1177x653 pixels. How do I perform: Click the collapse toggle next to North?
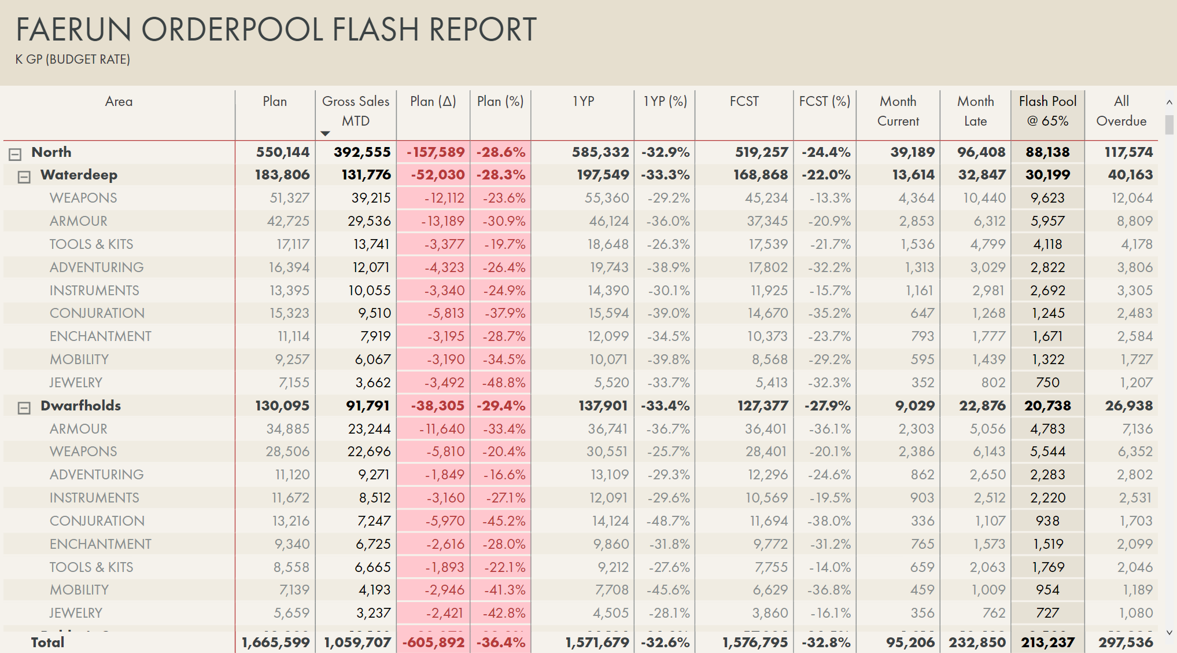coord(15,154)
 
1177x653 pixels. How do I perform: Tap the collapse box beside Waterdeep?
coord(24,177)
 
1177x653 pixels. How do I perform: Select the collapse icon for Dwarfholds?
coord(24,408)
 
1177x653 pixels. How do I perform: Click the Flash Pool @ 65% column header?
coord(1047,111)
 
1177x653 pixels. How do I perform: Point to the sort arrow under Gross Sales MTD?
coord(325,134)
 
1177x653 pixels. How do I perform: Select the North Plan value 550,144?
coord(283,152)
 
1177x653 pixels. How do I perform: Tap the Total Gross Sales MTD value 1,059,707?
coord(357,642)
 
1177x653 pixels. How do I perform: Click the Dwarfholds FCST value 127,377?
coord(762,406)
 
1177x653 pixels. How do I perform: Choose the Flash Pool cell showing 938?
coord(1047,521)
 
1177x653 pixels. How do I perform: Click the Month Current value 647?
coord(922,313)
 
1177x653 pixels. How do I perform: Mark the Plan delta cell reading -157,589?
coord(436,152)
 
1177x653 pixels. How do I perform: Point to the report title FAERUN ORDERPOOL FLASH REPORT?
coord(276,30)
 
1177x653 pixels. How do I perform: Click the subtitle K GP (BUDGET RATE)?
coord(73,59)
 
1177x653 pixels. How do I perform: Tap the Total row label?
coord(47,642)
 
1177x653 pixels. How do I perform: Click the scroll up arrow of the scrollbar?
coord(1169,102)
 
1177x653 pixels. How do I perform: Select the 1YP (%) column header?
coord(665,101)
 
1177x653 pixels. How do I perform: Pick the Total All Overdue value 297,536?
coord(1126,642)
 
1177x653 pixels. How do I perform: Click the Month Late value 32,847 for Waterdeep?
coord(982,175)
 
